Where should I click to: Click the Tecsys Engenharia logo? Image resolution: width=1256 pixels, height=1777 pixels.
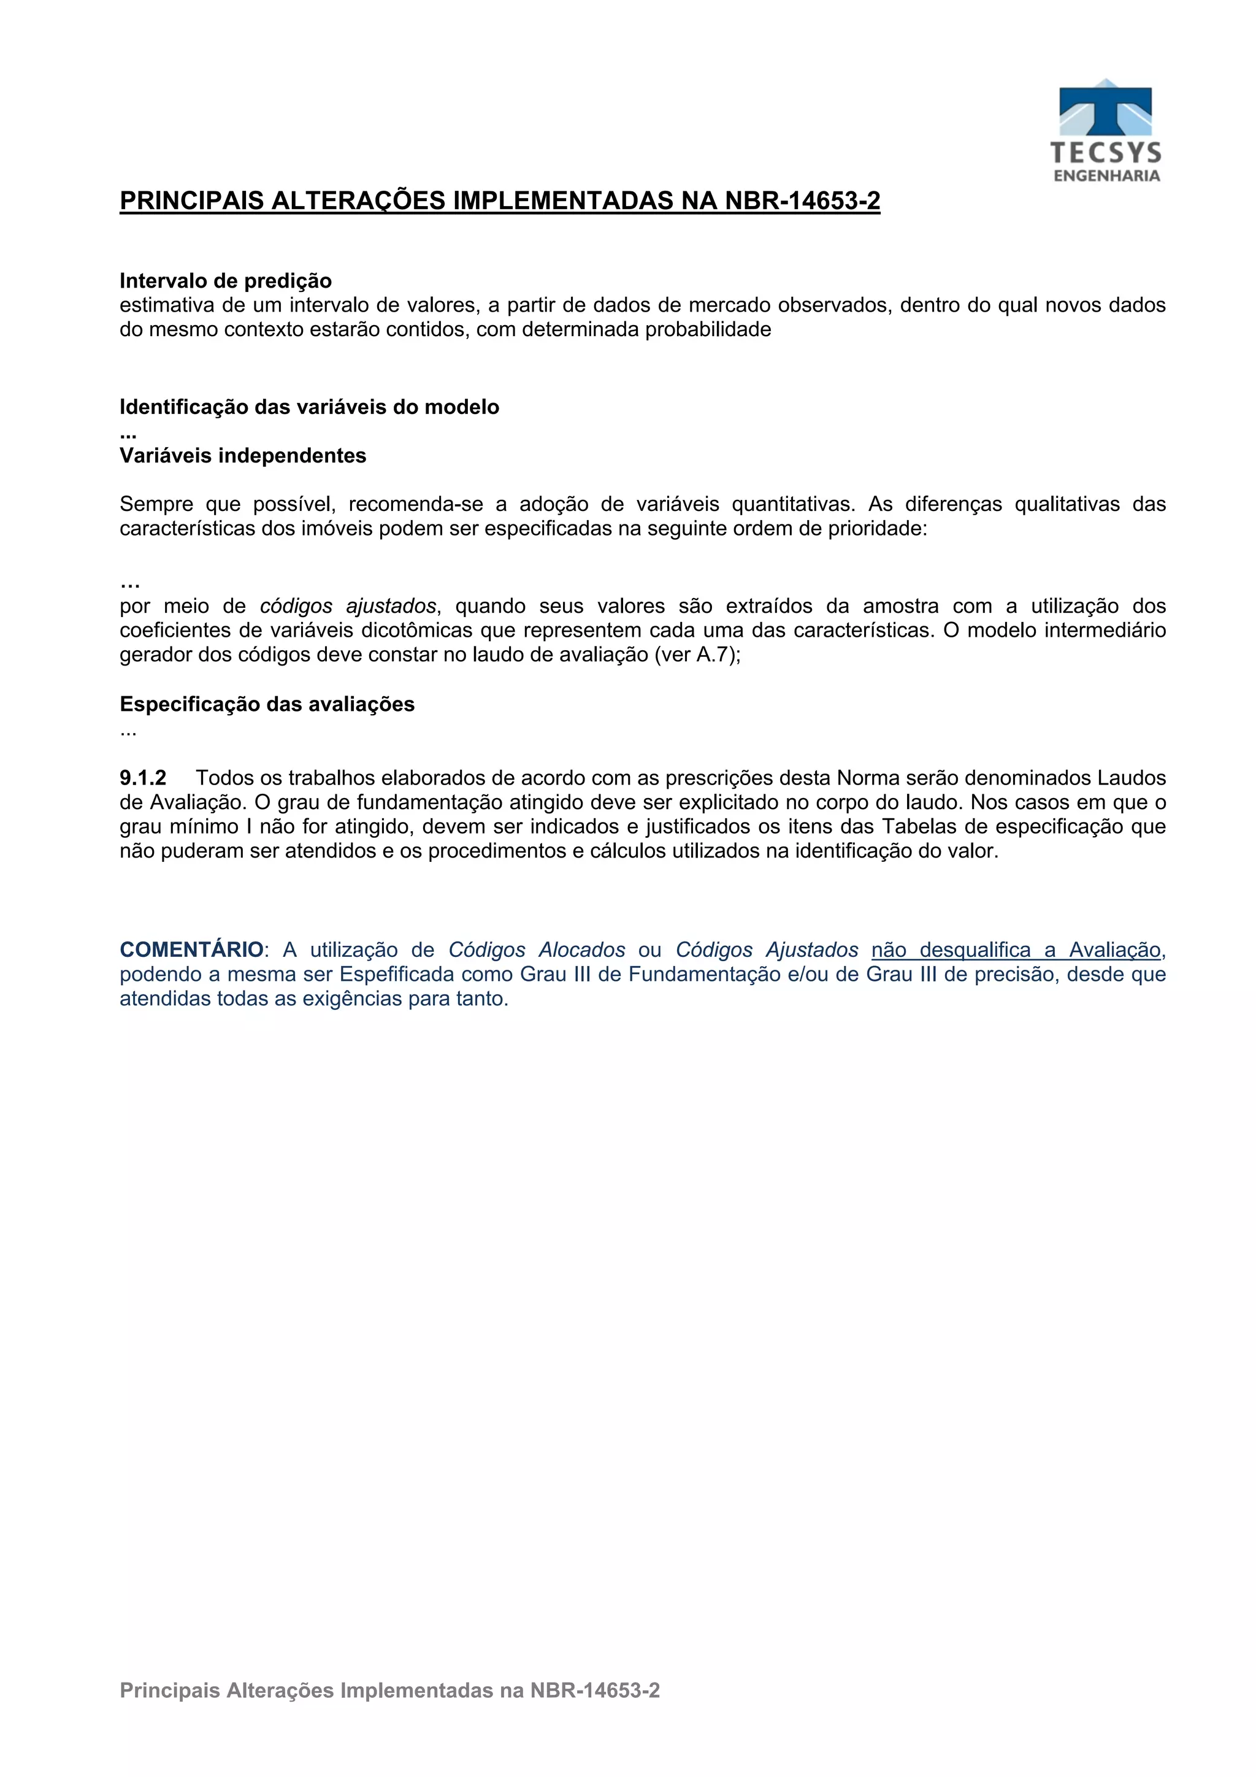point(1106,130)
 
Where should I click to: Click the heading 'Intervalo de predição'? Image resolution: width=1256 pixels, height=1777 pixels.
point(225,280)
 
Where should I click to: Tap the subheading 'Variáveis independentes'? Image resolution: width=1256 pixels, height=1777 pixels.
point(242,456)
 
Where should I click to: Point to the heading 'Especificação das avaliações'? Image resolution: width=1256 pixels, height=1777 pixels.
point(267,704)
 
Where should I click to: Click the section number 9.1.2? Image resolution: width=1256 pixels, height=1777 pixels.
point(142,778)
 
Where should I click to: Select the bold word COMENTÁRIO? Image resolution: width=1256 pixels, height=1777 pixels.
point(191,950)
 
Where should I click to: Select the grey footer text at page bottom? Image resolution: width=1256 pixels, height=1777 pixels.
point(389,1691)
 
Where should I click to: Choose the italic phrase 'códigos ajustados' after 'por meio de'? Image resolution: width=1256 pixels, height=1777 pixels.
point(348,606)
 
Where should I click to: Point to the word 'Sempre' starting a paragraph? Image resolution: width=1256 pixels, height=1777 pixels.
point(156,505)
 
